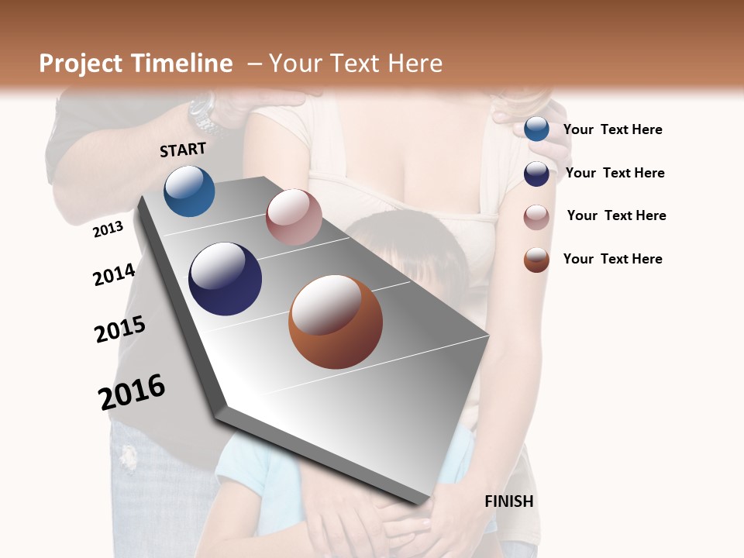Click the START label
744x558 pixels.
click(x=183, y=150)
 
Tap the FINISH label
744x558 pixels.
click(x=509, y=501)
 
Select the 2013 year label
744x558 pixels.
click(x=108, y=229)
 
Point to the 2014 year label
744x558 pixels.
click(x=114, y=274)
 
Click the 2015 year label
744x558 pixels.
click(x=120, y=329)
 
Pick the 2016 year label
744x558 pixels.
click(x=132, y=392)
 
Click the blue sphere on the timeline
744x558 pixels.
click(x=189, y=191)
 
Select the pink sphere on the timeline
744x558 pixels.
click(x=294, y=216)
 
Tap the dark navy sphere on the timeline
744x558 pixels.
click(x=225, y=278)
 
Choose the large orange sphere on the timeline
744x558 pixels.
click(x=336, y=321)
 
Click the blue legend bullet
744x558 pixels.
click(x=536, y=129)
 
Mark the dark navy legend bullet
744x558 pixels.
click(x=536, y=174)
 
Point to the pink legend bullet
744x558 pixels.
click(x=536, y=217)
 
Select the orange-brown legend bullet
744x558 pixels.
click(x=536, y=260)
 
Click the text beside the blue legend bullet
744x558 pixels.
click(x=612, y=129)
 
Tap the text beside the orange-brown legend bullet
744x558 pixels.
click(x=612, y=259)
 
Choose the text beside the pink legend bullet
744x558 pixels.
click(x=616, y=215)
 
